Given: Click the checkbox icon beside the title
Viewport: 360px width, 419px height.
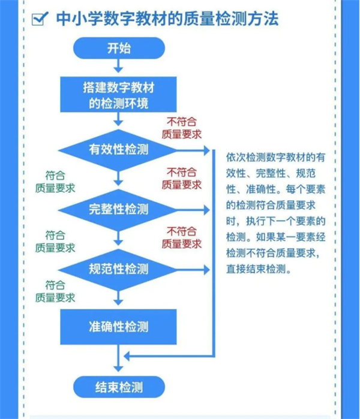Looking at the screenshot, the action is click(40, 19).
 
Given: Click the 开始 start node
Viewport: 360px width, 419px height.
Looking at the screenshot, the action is click(119, 48).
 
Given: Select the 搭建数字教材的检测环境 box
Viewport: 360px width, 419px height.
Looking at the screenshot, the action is click(118, 95).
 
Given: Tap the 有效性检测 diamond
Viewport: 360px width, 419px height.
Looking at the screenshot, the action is click(118, 150).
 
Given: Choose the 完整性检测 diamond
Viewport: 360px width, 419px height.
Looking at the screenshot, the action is click(118, 210).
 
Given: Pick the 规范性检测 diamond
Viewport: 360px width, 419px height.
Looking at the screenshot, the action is click(118, 270).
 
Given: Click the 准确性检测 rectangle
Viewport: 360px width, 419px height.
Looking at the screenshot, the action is click(118, 327).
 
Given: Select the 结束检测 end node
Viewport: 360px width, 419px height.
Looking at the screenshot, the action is click(119, 387).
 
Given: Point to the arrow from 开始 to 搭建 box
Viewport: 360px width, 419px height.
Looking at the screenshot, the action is click(118, 66).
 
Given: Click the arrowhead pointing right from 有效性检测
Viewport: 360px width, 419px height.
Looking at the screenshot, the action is click(207, 150).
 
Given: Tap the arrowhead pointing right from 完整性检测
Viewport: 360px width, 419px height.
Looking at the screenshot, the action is click(207, 210).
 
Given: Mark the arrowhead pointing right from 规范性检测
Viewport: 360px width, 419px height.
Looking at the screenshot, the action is click(207, 270).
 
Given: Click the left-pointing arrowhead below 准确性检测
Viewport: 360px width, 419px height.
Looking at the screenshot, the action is click(127, 356).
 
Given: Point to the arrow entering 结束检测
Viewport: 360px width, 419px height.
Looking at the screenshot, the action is click(118, 358).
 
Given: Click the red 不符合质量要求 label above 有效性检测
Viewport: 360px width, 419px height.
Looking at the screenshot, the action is click(182, 128).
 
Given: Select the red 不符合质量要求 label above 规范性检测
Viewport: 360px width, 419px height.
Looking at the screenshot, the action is click(182, 237).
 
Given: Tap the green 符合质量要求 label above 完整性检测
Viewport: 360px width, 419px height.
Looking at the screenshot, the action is click(55, 182).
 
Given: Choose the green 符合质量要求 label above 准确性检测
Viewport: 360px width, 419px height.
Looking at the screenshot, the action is click(55, 291).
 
